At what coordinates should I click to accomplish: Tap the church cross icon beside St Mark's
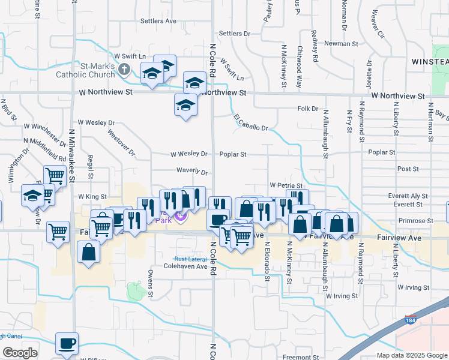click(x=124, y=69)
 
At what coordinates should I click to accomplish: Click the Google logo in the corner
click(x=20, y=353)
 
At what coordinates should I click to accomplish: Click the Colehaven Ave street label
click(x=185, y=266)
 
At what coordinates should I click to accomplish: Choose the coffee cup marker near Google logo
click(x=67, y=344)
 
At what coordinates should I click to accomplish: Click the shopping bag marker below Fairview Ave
click(x=89, y=253)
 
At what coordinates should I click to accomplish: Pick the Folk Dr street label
click(x=307, y=109)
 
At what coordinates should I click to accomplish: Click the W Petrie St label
click(x=286, y=186)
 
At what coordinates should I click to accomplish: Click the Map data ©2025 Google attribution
click(x=412, y=355)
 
